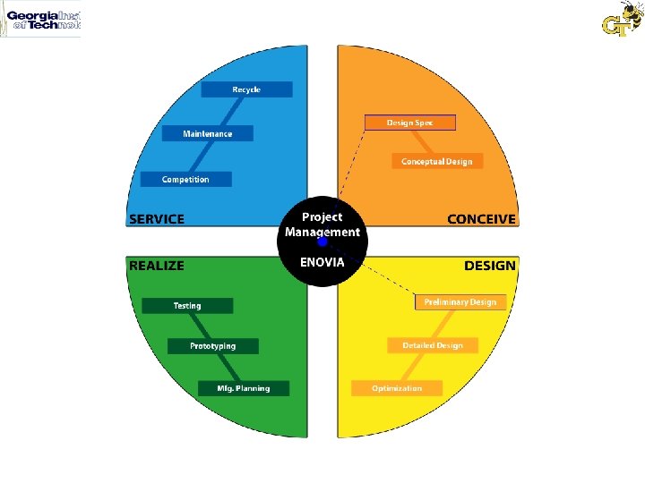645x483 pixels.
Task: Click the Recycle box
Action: coord(246,89)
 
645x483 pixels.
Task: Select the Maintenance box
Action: coord(208,133)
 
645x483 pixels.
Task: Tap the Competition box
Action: coord(185,179)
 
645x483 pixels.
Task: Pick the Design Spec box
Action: coord(409,123)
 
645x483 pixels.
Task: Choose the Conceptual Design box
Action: coord(437,161)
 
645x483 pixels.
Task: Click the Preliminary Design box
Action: coord(460,302)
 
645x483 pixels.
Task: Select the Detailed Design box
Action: coord(432,345)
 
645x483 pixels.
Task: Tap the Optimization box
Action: coord(397,388)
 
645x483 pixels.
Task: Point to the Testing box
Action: coord(187,306)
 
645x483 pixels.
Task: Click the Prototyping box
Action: coord(213,346)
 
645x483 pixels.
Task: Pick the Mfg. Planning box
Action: coord(244,388)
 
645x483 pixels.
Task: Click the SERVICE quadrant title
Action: coord(157,219)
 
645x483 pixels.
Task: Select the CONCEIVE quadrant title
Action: coord(481,219)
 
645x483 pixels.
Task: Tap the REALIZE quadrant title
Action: coord(157,266)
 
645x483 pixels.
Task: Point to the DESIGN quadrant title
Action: coord(489,266)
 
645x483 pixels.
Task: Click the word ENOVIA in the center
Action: coord(322,261)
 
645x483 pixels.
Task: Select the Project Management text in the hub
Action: coord(322,225)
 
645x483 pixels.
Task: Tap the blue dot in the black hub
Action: coord(322,241)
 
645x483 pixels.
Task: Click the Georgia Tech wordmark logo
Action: coord(41,20)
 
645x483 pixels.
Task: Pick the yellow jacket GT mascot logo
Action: coord(622,19)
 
